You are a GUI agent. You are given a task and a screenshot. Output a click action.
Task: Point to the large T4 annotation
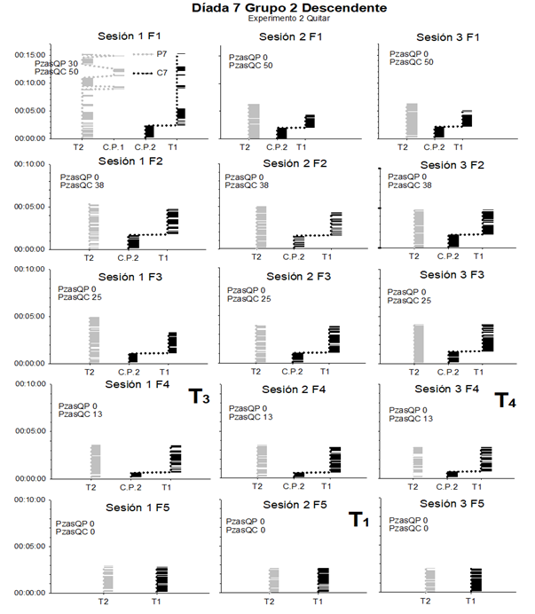tap(505, 400)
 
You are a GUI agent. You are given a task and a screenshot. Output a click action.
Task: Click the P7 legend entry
tap(162, 55)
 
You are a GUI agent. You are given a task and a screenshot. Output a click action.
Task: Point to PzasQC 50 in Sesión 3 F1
tap(413, 63)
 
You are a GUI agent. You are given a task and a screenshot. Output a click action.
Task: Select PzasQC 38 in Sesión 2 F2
tap(248, 185)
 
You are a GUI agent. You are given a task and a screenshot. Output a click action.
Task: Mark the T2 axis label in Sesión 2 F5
tap(256, 601)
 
